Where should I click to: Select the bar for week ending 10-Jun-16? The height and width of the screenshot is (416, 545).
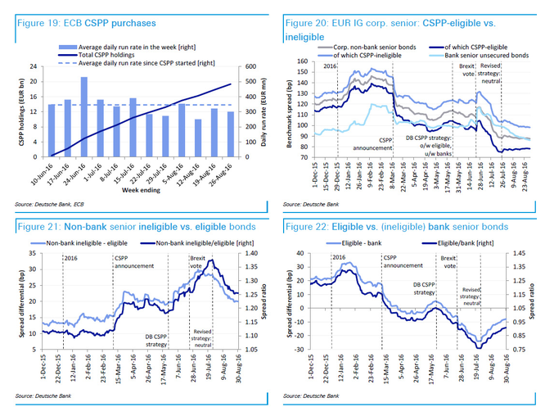(x=52, y=130)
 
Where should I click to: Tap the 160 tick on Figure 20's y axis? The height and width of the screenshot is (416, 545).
(x=301, y=62)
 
